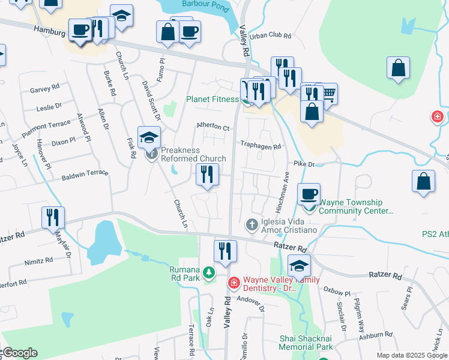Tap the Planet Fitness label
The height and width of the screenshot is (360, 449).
[212, 99]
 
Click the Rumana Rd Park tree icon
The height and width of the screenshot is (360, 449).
[208, 273]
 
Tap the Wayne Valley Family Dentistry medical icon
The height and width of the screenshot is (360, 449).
[234, 282]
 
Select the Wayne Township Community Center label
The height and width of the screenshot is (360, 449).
[356, 207]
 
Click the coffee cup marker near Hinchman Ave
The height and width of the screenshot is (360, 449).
[309, 194]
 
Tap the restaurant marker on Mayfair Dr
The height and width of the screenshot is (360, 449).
[53, 217]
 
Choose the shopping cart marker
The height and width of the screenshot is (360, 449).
[327, 94]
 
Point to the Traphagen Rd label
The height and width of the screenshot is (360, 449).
[261, 146]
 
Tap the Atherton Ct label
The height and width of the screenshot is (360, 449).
[213, 127]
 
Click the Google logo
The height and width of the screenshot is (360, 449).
[19, 353]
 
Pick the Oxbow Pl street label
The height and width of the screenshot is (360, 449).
[337, 293]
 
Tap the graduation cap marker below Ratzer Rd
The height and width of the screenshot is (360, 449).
[300, 265]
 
